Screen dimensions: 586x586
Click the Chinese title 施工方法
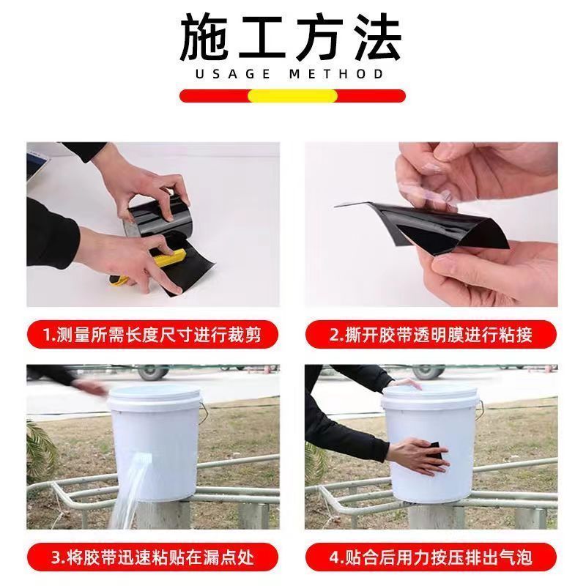pos(291,38)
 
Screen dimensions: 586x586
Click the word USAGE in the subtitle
pos(232,74)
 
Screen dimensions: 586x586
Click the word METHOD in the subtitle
pos(336,74)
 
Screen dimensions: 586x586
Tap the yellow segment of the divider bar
pos(292,96)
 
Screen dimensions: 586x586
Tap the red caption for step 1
pos(153,335)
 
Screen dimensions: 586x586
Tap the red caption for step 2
pos(431,335)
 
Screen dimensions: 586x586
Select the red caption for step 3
pos(153,557)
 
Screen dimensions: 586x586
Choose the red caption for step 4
pos(431,557)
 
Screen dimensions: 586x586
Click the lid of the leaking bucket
pos(155,397)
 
